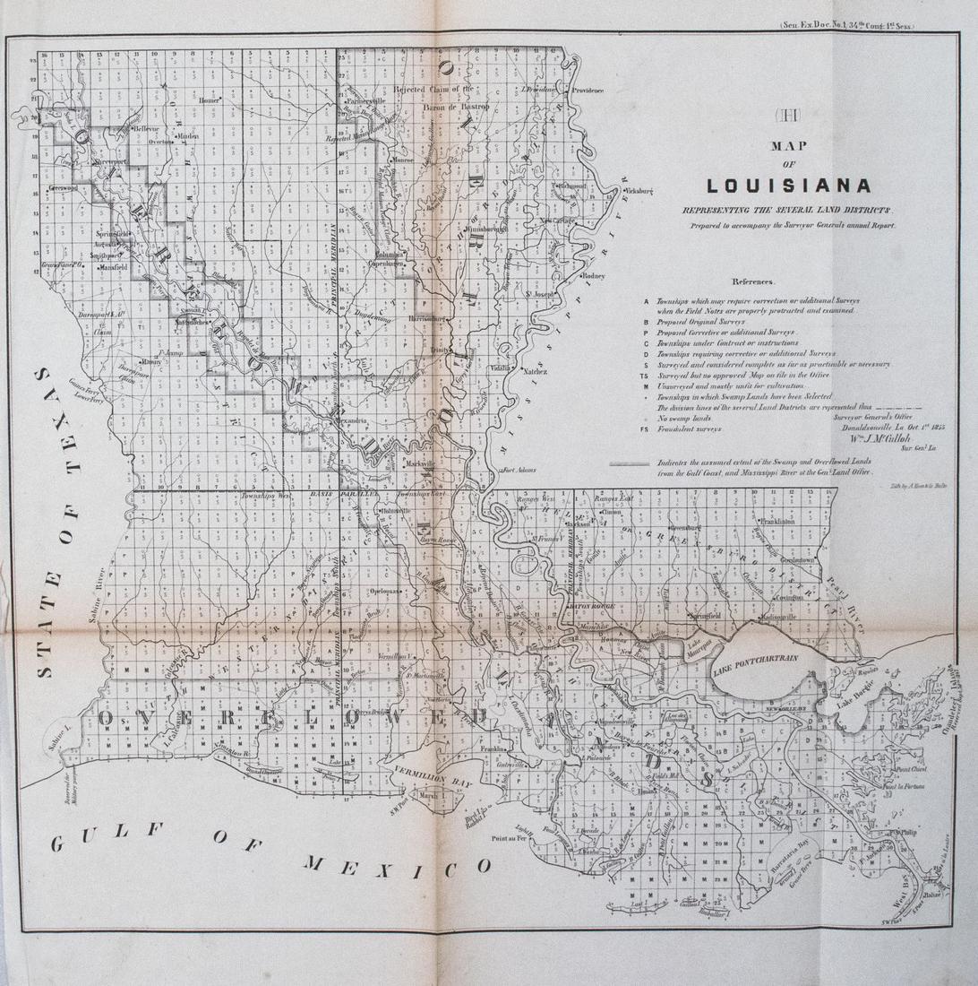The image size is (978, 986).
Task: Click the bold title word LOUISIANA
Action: tap(788, 186)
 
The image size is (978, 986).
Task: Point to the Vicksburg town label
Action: tap(639, 191)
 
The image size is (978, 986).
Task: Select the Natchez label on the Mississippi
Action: tap(535, 369)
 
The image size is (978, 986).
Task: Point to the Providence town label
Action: tap(588, 91)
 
